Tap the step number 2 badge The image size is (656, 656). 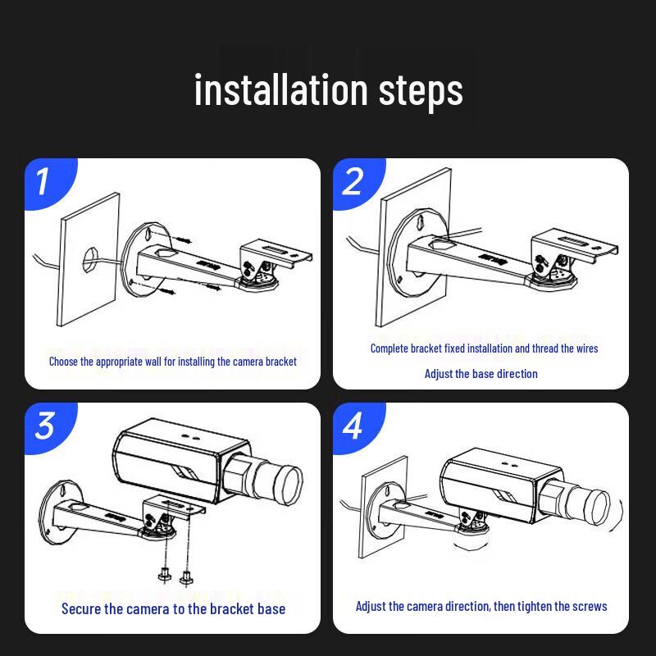coord(352,181)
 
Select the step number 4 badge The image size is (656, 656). coord(352,426)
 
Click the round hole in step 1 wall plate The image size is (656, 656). coord(88,250)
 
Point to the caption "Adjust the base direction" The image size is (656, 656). coord(481,374)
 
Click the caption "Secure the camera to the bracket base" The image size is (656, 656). coord(173,608)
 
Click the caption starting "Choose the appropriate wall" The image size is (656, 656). coord(172,361)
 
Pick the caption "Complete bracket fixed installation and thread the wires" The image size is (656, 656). coord(484,348)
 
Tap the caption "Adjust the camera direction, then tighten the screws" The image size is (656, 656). coord(481,607)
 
